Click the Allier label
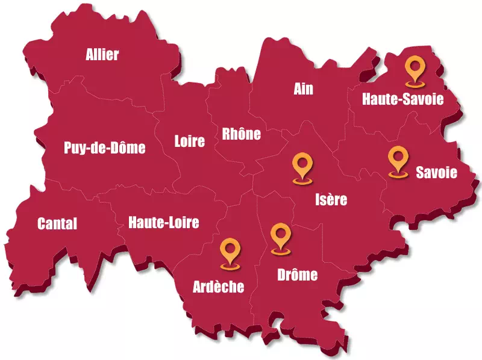coord(102,55)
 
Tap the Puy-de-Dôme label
coord(105,147)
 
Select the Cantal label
coord(57,224)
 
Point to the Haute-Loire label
coord(163,223)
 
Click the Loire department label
coord(190,141)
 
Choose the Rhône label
coord(242,134)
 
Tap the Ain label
coord(304,89)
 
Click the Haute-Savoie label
coord(402,99)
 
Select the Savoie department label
coord(437,173)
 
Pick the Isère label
coord(331,199)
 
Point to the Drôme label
coord(297,276)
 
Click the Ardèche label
coord(219,287)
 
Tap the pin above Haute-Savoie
coord(415,71)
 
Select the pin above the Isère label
coord(302,167)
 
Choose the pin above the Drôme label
coord(280,238)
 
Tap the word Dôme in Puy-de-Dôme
coord(128,147)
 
